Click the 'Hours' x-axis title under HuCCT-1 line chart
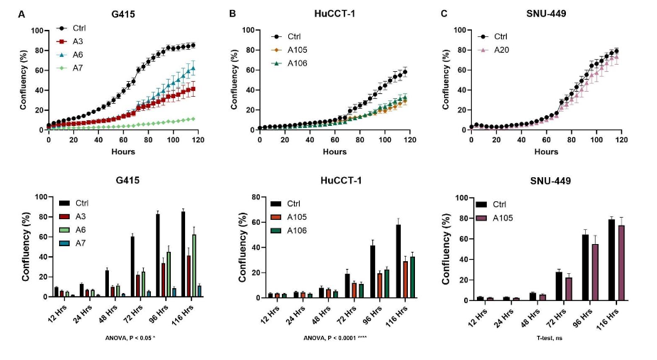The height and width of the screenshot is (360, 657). pyautogui.click(x=335, y=152)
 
